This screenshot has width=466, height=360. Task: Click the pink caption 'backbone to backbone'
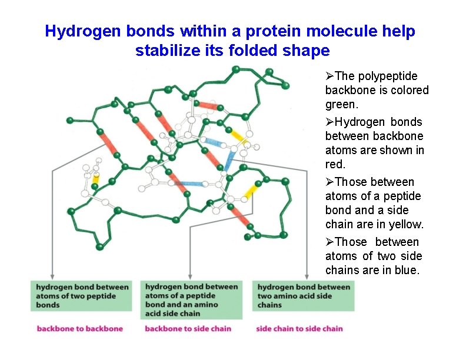80,329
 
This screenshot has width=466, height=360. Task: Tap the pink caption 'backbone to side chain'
188,329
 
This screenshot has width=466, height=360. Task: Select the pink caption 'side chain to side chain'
299,329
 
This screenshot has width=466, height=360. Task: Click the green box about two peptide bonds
81,296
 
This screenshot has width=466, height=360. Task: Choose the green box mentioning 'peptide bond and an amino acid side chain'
192,300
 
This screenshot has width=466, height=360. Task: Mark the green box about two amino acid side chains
304,296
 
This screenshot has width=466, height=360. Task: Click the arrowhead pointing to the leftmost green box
52,276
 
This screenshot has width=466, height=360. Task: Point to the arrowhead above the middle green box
189,276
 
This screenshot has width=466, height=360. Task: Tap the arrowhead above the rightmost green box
307,276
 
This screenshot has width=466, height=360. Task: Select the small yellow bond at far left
96,176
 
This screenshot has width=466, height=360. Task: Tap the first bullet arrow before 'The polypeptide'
329,76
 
